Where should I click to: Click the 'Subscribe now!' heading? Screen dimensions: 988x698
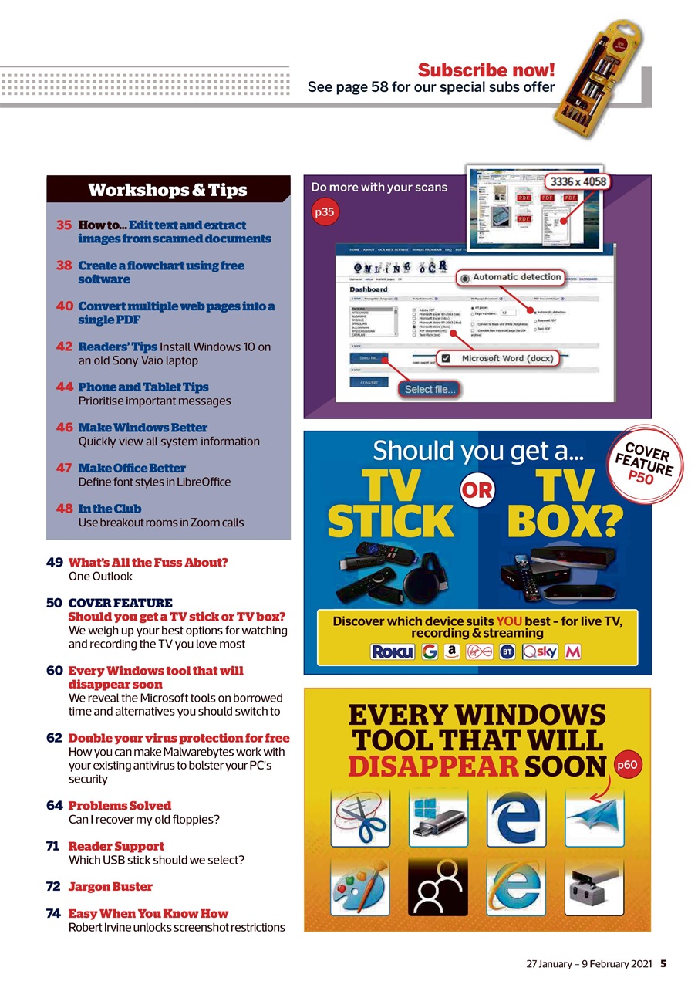(x=486, y=70)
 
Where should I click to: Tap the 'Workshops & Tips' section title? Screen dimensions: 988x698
(x=167, y=190)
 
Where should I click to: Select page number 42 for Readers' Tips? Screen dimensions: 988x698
(x=64, y=347)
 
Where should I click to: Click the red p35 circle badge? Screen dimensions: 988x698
(x=325, y=212)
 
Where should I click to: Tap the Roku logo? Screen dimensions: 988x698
(x=393, y=652)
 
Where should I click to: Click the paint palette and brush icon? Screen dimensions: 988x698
(x=361, y=886)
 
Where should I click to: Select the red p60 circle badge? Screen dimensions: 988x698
(x=628, y=765)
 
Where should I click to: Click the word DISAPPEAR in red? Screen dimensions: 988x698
(x=432, y=766)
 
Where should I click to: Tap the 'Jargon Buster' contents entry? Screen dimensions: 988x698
(x=110, y=887)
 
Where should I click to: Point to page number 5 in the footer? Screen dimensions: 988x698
(x=663, y=964)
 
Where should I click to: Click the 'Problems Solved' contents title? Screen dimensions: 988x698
(x=120, y=806)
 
